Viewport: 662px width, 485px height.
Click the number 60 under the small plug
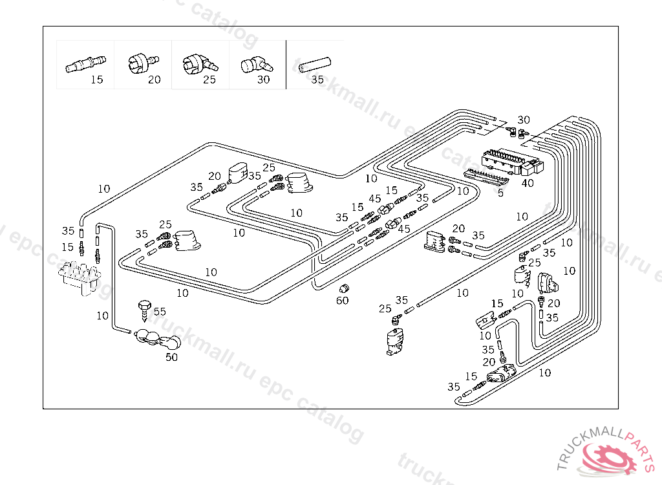(x=342, y=300)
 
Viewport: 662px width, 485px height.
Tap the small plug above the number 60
(x=345, y=287)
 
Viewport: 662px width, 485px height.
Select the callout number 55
(x=159, y=311)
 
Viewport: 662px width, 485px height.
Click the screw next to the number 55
(x=144, y=308)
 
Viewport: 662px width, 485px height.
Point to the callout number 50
(x=171, y=356)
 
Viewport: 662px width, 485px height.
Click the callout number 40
(x=528, y=183)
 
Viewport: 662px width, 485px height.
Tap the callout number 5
(x=500, y=193)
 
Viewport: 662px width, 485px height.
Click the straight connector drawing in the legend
(x=85, y=63)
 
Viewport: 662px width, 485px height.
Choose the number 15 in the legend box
(x=96, y=80)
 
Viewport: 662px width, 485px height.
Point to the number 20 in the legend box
(x=154, y=80)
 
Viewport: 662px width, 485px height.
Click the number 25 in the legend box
(x=209, y=80)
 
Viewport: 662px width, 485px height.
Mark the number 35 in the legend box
(x=317, y=80)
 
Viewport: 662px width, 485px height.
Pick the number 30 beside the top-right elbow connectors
(x=524, y=120)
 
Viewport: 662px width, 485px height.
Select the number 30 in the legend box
(x=263, y=80)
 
